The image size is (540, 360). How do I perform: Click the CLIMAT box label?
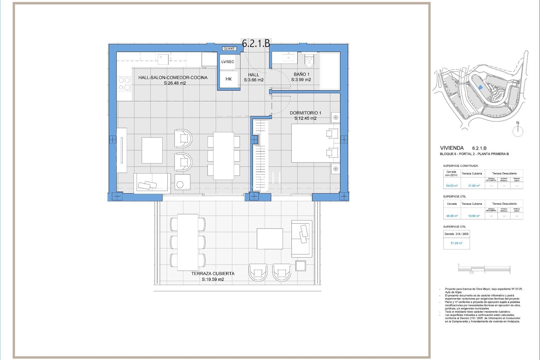click(x=229, y=49)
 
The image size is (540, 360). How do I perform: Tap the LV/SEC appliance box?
click(x=228, y=62)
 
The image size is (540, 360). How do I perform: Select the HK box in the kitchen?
click(x=228, y=79)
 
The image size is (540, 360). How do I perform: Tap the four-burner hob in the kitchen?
click(x=124, y=84)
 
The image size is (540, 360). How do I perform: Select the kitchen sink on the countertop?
click(x=163, y=59)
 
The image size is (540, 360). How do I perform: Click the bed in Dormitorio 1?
click(x=315, y=143)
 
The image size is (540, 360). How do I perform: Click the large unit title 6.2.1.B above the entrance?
click(x=256, y=43)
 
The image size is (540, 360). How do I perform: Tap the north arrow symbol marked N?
click(x=518, y=130)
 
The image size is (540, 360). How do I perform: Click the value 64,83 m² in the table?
click(x=452, y=186)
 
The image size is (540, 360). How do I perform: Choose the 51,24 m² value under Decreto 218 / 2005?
click(x=456, y=243)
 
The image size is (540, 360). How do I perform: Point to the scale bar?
click(x=484, y=269)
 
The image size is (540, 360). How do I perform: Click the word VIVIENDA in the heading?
click(x=452, y=148)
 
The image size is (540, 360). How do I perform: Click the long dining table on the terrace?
click(x=187, y=242)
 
